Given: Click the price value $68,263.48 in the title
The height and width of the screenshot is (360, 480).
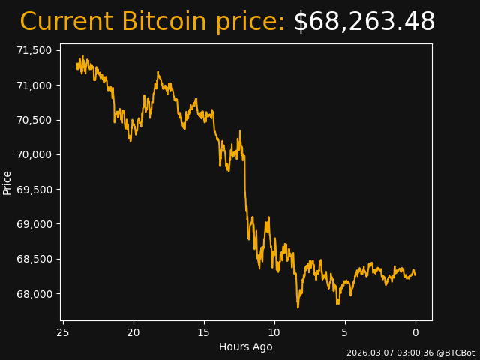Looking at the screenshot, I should tap(364, 22).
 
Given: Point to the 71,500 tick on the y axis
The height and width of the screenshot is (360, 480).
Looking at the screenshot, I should tap(35, 50).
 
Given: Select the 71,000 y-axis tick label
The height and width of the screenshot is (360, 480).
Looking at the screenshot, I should tap(35, 85).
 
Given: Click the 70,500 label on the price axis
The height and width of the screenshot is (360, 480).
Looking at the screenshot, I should tap(35, 120).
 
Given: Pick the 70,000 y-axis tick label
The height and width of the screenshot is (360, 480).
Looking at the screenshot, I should tap(35, 154).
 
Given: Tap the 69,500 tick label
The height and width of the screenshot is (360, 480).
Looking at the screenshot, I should tap(35, 190).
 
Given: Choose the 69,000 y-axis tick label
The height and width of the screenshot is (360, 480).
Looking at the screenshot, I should tap(35, 224).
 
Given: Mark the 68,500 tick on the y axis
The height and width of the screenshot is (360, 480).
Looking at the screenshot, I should tap(35, 259).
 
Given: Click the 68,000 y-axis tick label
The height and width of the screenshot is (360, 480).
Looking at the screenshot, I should tap(35, 293).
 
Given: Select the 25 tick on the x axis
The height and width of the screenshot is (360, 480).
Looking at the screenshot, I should tap(63, 332).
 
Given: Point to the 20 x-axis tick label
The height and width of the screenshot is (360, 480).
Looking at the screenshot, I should tap(133, 332).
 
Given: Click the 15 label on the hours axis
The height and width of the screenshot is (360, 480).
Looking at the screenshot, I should tap(204, 332).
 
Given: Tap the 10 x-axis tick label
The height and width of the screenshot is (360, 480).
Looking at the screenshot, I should tap(274, 332).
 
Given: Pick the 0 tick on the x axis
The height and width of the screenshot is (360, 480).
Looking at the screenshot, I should tap(415, 332).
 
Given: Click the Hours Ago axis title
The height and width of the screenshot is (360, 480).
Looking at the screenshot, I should tap(246, 346).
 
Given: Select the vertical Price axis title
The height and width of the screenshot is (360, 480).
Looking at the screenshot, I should tap(7, 182).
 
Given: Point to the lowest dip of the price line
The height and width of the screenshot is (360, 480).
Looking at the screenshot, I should tap(298, 307).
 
